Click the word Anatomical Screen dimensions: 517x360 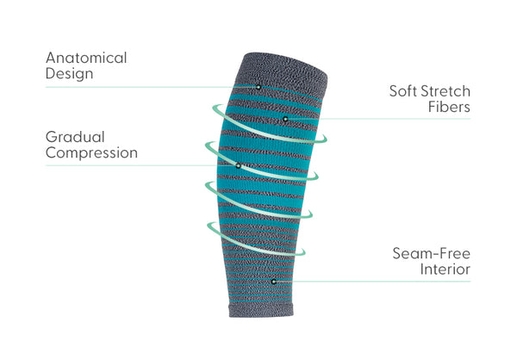tap(86, 58)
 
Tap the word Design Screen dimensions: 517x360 tap(69, 73)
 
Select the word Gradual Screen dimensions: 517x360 tap(75, 137)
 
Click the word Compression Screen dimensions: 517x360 tap(91, 153)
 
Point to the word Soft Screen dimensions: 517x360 tap(403, 91)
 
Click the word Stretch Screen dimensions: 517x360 tap(445, 91)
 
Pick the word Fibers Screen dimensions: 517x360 tap(450, 107)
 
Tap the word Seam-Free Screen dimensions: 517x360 tap(432, 253)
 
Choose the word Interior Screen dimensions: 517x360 tap(445, 270)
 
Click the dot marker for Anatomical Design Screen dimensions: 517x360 tap(258, 87)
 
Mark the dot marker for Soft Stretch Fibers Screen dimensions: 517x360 tap(285, 119)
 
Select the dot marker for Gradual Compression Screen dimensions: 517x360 tap(238, 166)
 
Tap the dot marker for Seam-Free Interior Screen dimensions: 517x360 tap(273, 282)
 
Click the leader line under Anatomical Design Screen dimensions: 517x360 tap(151, 87)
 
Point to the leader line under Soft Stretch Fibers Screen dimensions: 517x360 tap(379, 119)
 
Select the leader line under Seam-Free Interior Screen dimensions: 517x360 tap(373, 282)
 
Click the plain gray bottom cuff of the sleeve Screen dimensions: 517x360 tap(261, 309)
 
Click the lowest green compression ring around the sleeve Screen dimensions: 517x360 tap(256, 239)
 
